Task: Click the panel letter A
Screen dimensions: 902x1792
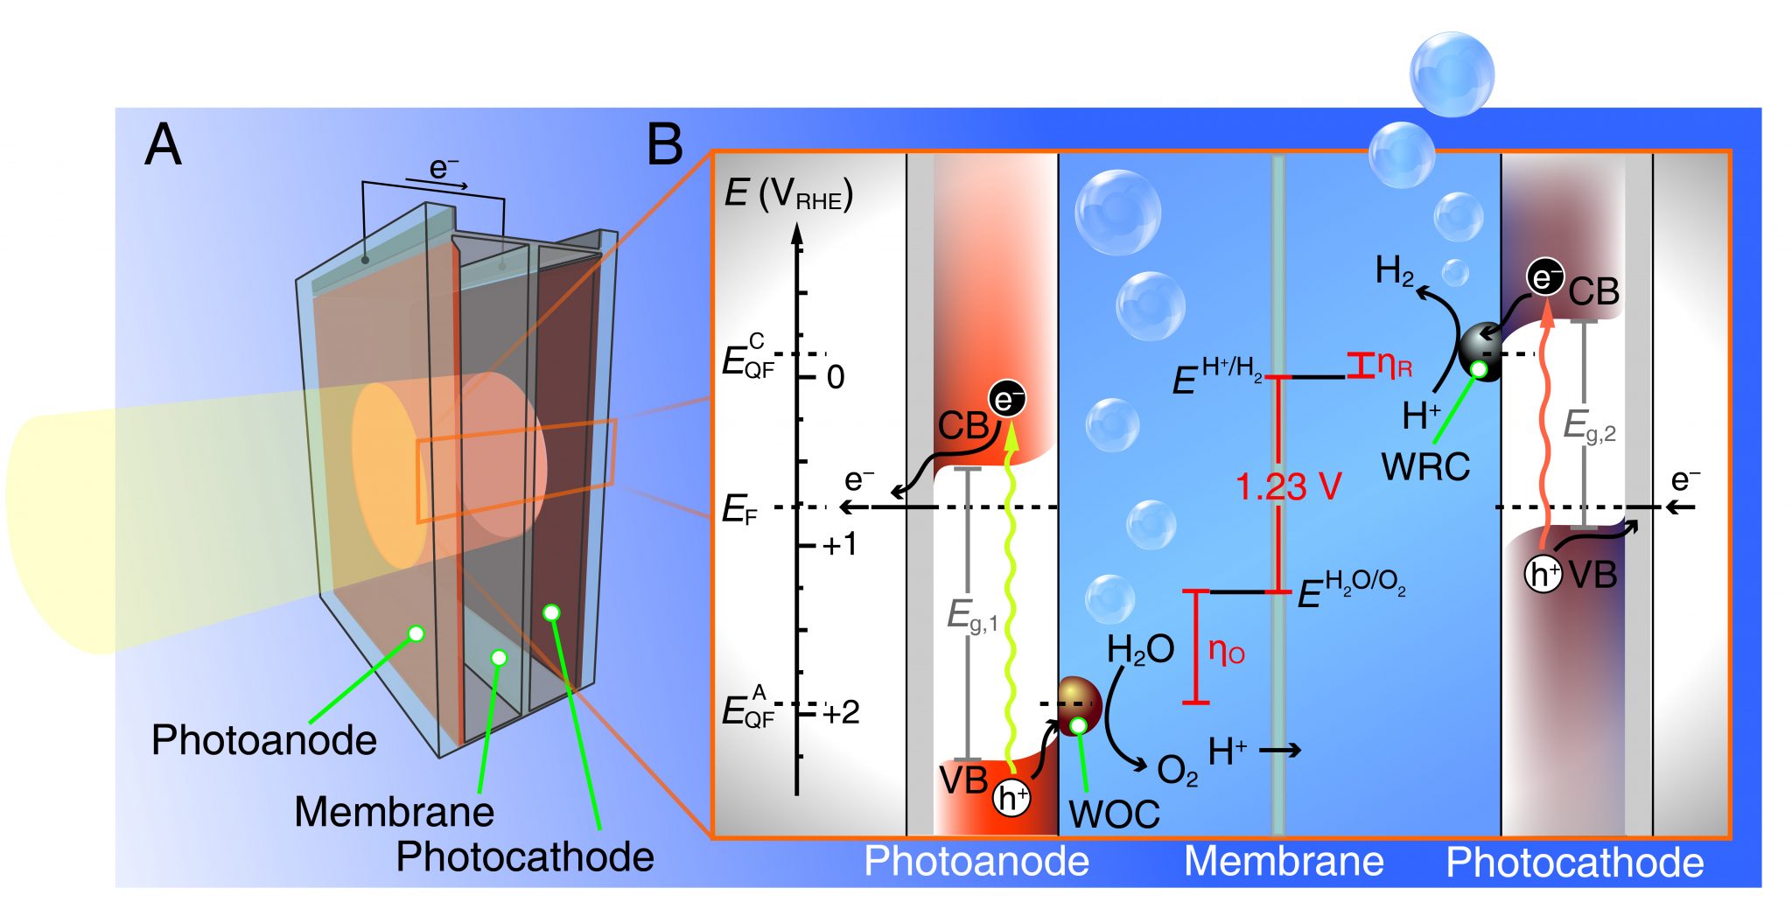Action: (163, 145)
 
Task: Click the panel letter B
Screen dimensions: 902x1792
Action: (664, 145)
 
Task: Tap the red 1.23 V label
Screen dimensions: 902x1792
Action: (1288, 487)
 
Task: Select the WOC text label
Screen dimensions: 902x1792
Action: (1114, 815)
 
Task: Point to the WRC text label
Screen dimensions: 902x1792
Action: (1425, 467)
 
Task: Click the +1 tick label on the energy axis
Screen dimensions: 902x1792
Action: (840, 545)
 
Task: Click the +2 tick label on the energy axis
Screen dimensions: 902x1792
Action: (841, 712)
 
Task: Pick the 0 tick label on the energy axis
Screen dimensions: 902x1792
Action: (836, 377)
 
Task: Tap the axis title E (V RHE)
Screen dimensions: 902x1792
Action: (787, 194)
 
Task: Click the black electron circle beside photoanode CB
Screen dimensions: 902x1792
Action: (1006, 400)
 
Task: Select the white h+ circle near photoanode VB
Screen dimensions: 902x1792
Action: (1011, 798)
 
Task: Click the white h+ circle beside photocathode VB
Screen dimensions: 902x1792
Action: (1543, 575)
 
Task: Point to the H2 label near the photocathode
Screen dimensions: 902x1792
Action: (1394, 271)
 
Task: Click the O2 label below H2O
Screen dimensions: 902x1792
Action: (1177, 771)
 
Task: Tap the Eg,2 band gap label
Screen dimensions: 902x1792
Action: (1589, 427)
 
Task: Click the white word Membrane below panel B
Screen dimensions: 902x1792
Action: (1284, 862)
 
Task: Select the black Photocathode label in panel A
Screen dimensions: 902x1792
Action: (525, 857)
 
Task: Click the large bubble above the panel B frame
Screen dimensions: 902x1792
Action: (1452, 74)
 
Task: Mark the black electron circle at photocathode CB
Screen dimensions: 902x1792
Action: (1545, 277)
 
